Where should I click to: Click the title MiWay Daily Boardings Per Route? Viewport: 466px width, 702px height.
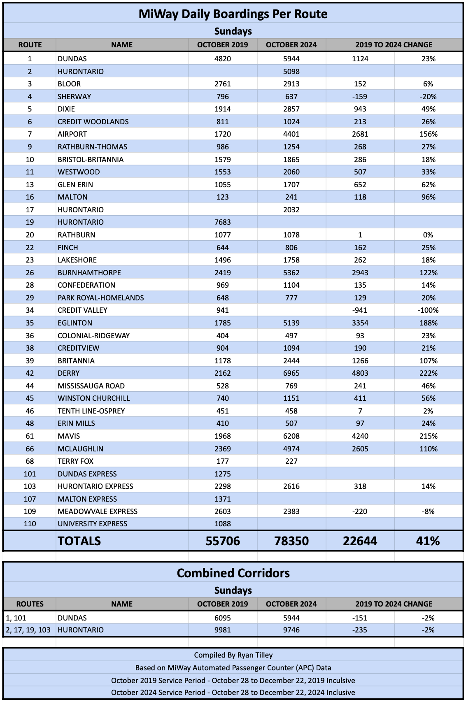click(x=233, y=14)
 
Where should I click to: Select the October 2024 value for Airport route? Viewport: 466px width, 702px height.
click(x=291, y=134)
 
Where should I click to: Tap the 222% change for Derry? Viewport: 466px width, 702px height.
click(x=428, y=373)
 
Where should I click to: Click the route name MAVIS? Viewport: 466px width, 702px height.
click(x=69, y=436)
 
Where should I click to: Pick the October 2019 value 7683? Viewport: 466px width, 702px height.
click(x=222, y=222)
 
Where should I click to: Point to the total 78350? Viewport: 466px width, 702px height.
click(x=291, y=541)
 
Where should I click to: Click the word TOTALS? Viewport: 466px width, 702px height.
click(x=79, y=541)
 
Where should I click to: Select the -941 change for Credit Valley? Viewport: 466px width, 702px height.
click(x=360, y=310)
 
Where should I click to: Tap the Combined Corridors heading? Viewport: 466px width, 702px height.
click(x=233, y=573)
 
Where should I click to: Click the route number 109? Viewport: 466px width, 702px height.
click(x=30, y=511)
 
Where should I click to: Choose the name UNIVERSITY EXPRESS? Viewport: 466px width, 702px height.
click(x=92, y=524)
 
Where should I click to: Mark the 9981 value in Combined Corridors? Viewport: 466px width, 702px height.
click(x=222, y=630)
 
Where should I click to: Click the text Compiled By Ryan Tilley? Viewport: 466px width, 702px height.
click(x=233, y=655)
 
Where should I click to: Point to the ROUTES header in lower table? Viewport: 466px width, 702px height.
click(x=30, y=604)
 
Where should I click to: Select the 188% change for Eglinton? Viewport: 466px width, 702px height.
click(x=428, y=323)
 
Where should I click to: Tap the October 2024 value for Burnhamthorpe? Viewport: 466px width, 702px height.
click(x=291, y=272)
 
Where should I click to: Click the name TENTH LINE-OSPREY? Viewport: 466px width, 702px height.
click(x=91, y=411)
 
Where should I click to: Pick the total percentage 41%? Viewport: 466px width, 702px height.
click(x=428, y=541)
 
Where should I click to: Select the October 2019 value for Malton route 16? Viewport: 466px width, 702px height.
click(x=222, y=197)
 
